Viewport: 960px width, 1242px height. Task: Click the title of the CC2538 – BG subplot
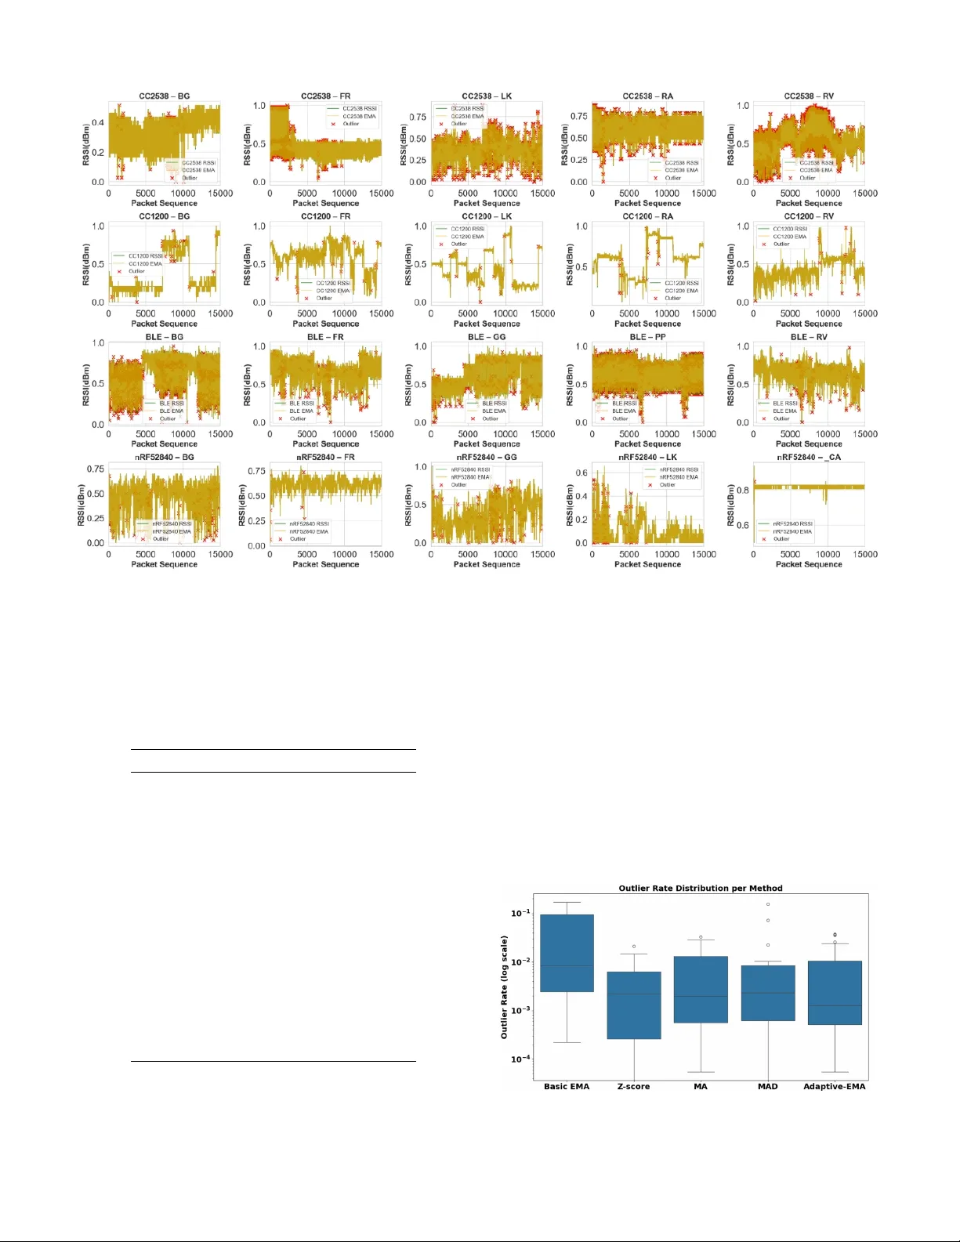coord(165,96)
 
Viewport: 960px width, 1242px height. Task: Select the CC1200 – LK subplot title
coord(487,216)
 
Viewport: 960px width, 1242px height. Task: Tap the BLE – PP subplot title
coord(647,337)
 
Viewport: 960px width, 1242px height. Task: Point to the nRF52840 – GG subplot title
coord(487,457)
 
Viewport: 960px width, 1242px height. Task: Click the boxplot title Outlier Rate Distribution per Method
coord(701,888)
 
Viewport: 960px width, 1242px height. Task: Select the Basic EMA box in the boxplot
coord(567,952)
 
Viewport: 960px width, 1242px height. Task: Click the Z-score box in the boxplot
coord(634,1005)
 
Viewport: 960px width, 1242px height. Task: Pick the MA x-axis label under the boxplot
coord(701,1086)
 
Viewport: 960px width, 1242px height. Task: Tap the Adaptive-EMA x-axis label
coord(835,1086)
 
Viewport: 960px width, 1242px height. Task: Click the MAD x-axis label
coord(768,1086)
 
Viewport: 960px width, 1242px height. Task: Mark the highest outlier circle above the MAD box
coord(768,904)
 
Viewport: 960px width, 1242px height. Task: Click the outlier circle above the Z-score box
coord(634,947)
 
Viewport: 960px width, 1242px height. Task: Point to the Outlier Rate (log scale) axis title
coord(504,987)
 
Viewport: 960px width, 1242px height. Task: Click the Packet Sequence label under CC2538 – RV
coord(809,203)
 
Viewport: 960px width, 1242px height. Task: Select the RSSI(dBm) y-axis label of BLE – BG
coord(87,384)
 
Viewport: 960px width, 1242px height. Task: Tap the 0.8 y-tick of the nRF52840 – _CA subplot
coord(742,491)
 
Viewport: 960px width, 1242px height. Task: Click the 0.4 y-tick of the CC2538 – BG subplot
coord(98,123)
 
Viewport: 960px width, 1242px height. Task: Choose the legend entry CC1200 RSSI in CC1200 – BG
coord(146,256)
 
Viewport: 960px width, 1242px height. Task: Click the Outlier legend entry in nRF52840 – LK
coord(667,485)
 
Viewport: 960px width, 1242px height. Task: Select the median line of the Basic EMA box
coord(567,965)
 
